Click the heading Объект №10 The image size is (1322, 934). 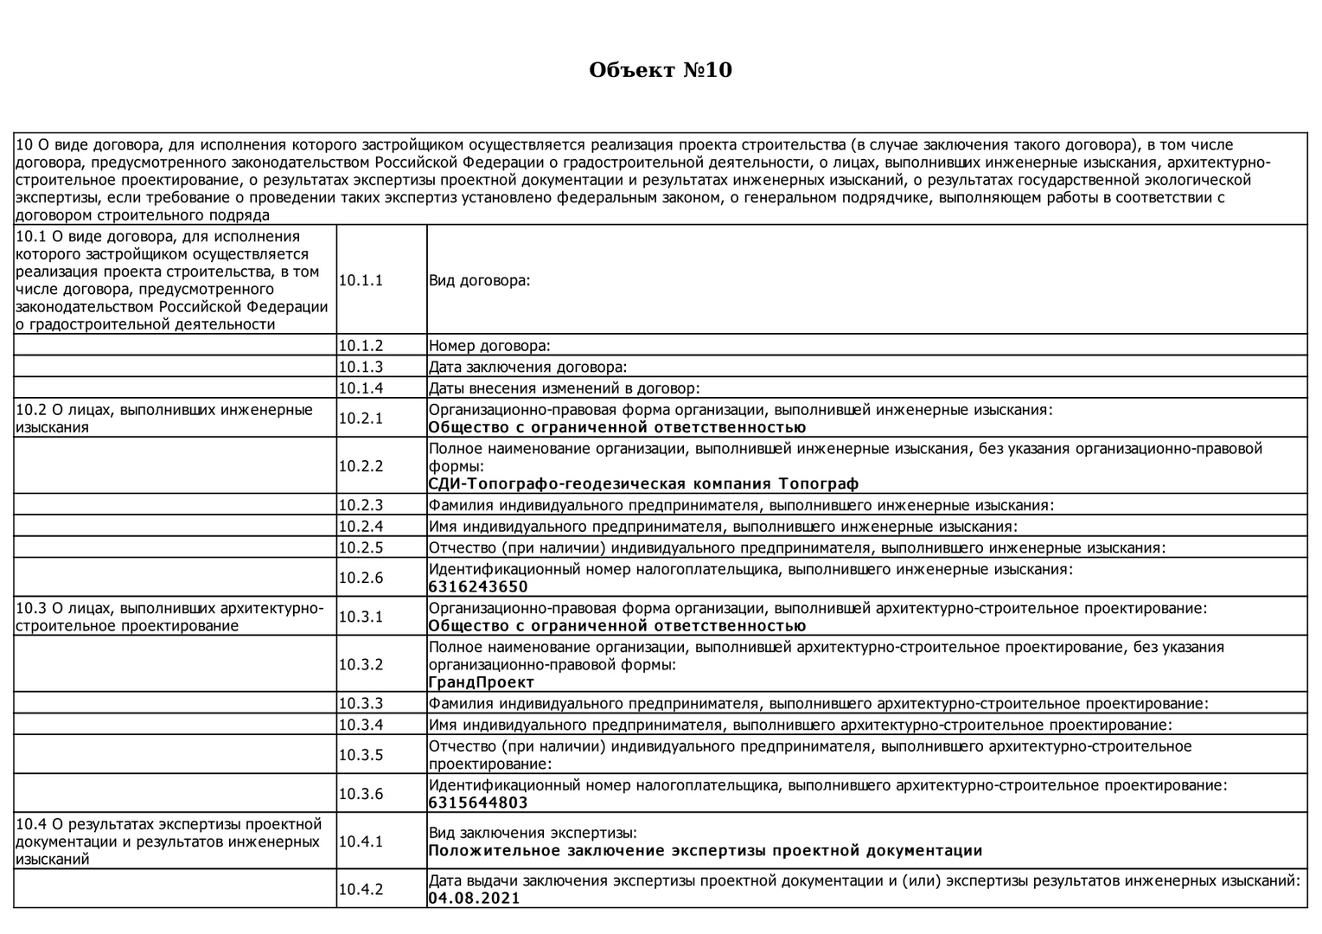coord(661,70)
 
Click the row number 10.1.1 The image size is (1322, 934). coord(361,280)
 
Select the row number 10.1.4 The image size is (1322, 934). coord(361,388)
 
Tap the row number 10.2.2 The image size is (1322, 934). coord(361,466)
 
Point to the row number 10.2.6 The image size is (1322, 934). coord(361,578)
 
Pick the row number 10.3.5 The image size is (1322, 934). coord(361,755)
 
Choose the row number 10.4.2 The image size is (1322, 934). coord(361,889)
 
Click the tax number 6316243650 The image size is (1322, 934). coord(478,587)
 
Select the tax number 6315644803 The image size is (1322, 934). coord(478,803)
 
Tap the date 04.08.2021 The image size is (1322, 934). coord(475,899)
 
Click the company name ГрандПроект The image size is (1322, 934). coord(482,682)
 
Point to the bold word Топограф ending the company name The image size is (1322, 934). coord(819,484)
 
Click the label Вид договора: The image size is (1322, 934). coord(479,280)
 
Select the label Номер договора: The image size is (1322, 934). coord(489,346)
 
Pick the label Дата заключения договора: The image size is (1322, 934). coord(528,367)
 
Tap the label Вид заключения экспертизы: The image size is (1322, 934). coord(533,833)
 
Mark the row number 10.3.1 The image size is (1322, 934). coord(361,617)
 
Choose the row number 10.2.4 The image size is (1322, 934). coord(361,526)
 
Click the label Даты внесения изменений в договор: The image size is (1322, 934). coord(565,388)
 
